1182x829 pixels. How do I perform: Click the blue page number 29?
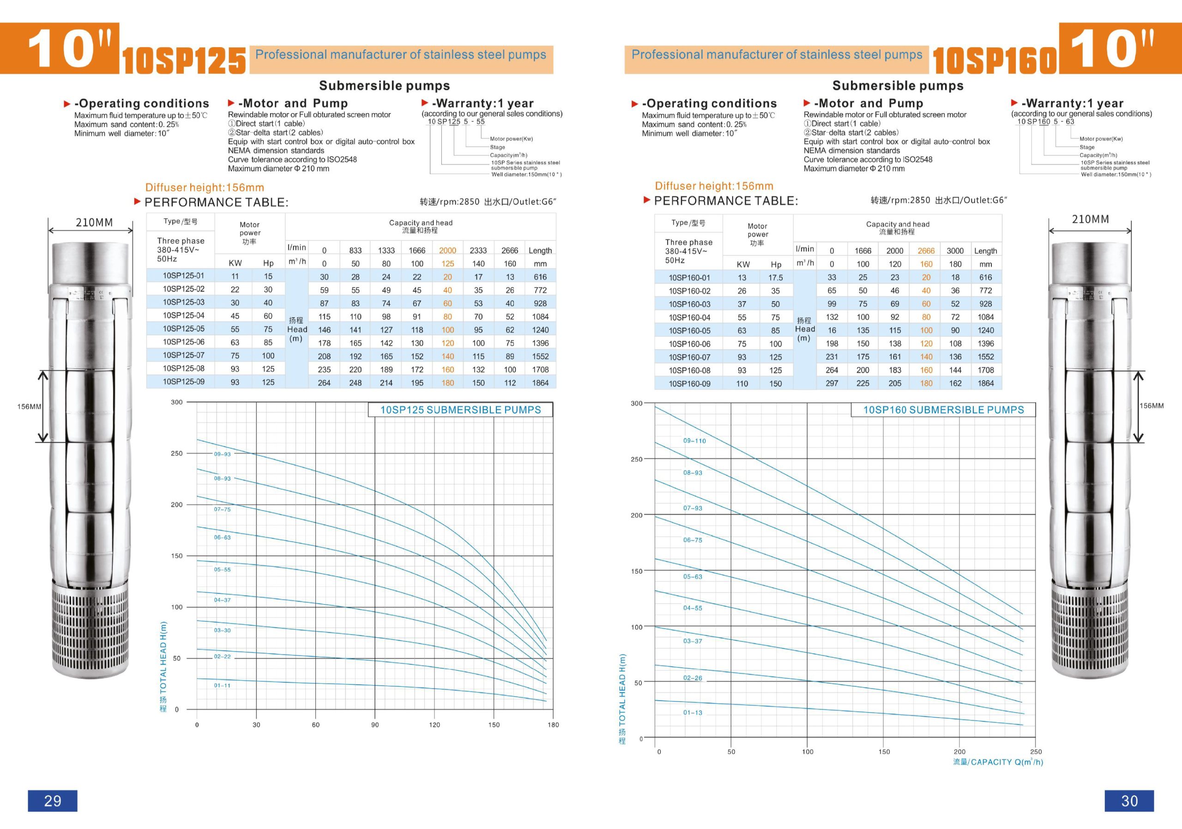coord(53,801)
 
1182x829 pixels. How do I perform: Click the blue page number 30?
coord(1129,801)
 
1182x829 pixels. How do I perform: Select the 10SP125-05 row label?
coord(183,328)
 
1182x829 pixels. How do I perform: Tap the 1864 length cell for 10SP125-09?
coord(540,382)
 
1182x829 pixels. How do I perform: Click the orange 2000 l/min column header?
coord(447,250)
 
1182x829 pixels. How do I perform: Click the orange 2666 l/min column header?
coord(926,251)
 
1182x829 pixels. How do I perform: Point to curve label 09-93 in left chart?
coord(223,454)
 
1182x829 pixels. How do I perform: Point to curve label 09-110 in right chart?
coord(694,441)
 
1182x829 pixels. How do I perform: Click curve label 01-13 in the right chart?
coord(693,713)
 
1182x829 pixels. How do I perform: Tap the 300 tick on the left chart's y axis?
coord(176,402)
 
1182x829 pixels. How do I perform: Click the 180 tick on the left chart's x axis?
coord(553,725)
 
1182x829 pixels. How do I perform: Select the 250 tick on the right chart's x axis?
coord(1036,752)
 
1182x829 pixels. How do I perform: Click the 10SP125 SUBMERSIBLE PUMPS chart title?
coord(460,410)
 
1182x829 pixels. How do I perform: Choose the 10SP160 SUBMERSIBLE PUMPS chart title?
coord(943,410)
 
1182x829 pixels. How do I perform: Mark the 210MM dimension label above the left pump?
coord(94,223)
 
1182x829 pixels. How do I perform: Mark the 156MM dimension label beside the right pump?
coord(1151,406)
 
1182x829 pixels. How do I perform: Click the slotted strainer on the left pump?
coord(90,626)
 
